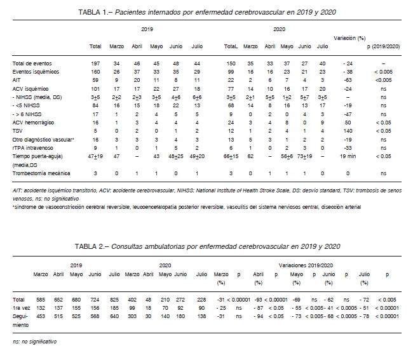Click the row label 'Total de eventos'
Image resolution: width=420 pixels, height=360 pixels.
pos(32,63)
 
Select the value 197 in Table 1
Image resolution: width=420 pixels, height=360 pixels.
pos(95,63)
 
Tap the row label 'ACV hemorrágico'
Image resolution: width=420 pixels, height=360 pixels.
pos(33,123)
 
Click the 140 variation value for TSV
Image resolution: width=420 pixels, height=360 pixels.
pos(348,131)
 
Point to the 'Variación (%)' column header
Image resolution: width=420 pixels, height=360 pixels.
pos(349,38)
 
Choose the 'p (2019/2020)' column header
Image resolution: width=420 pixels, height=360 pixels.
pos(383,46)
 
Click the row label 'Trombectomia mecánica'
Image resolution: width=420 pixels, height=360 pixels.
pos(41,173)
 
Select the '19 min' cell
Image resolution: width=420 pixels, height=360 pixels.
pos(348,156)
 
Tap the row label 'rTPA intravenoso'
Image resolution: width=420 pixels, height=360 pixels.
pos(32,148)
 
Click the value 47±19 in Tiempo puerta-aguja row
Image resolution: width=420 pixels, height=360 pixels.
pos(95,156)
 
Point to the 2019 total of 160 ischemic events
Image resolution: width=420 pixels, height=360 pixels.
pos(95,72)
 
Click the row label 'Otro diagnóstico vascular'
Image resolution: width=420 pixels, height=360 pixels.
pos(43,140)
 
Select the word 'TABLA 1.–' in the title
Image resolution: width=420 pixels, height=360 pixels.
pos(95,12)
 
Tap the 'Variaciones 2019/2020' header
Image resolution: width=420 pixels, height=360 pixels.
pos(306,265)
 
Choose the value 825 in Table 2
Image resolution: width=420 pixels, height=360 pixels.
pos(114,300)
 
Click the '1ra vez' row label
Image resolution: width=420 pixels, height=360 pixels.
pos(21,308)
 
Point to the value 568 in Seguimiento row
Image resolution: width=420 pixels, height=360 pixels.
pos(95,316)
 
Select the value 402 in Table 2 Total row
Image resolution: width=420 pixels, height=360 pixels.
pos(132,300)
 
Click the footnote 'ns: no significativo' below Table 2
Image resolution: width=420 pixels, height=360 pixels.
pos(34,342)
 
